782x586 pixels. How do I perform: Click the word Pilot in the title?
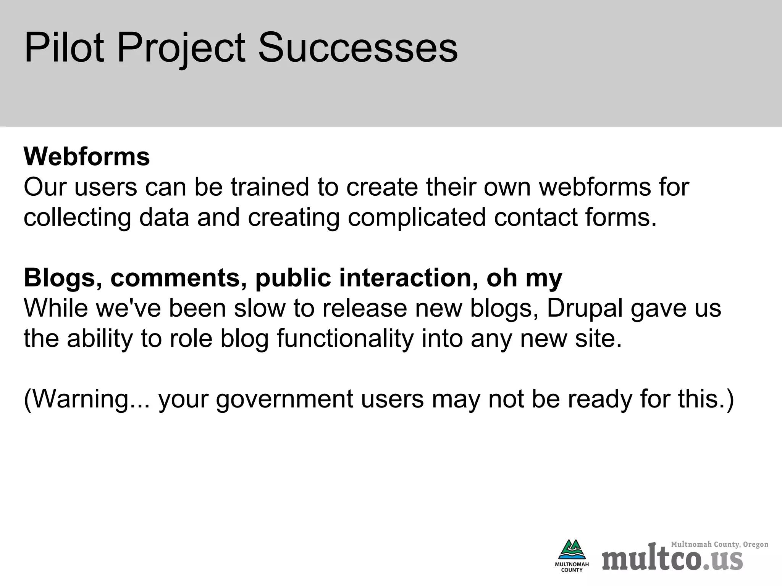tap(64, 48)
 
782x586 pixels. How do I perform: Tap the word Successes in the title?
tap(358, 48)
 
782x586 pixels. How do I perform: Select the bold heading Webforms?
tap(87, 156)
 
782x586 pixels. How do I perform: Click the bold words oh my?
tap(524, 279)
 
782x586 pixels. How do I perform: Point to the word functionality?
tap(345, 339)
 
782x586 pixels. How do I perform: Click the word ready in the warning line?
tap(600, 399)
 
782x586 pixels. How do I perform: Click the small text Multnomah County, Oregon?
tap(719, 544)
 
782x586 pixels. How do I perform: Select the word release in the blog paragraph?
tap(365, 308)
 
